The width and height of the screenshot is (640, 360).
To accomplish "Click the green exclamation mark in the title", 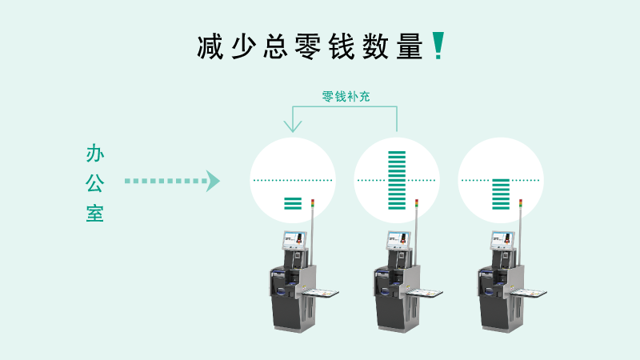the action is click(x=438, y=46).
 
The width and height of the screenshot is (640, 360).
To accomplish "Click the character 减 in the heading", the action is click(x=210, y=47).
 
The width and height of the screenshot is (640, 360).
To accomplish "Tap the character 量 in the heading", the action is click(x=410, y=47).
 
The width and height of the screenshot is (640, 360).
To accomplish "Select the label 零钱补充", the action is click(x=346, y=97).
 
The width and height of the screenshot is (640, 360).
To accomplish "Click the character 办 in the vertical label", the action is click(x=95, y=153).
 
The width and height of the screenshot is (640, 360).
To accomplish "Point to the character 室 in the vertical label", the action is click(x=95, y=213).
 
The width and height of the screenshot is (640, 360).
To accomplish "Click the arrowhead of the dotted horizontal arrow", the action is click(x=213, y=181).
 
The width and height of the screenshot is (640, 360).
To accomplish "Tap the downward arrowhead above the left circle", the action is click(x=293, y=126).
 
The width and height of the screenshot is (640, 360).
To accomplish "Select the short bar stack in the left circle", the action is click(x=293, y=203).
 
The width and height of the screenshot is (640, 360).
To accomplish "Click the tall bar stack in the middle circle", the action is click(x=397, y=181).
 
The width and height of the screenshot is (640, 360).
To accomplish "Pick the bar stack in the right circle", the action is click(x=501, y=194).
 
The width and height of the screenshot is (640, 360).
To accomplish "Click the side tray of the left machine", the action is click(x=321, y=293).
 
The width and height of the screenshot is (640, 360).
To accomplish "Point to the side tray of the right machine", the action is click(x=529, y=293).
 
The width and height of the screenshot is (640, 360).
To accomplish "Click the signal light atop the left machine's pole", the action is click(x=313, y=204).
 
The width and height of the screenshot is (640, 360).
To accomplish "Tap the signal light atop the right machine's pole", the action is click(x=521, y=204).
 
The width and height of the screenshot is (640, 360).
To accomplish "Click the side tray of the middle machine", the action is click(x=425, y=293).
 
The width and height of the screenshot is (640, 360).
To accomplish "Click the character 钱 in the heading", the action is click(x=342, y=47).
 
